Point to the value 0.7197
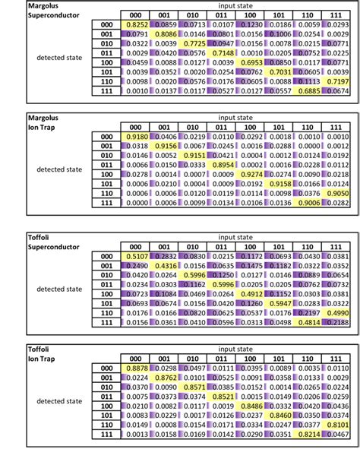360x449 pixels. tap(339, 80)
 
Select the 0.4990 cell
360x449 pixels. tap(339, 311)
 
